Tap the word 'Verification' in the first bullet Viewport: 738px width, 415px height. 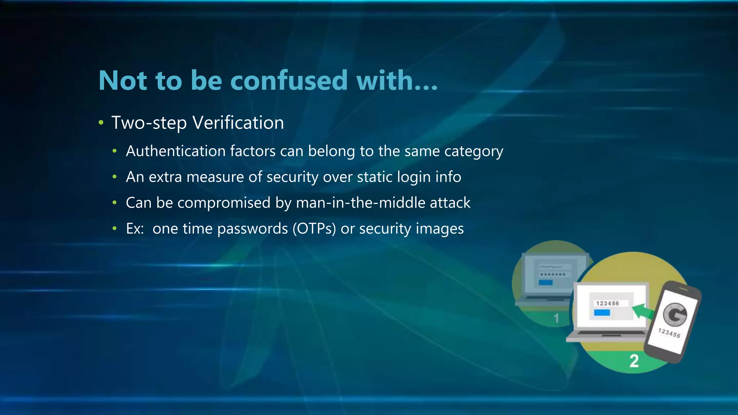[238, 123]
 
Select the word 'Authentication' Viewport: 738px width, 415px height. [175, 151]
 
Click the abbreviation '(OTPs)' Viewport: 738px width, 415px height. [314, 229]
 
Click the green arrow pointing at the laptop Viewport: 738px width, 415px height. [643, 311]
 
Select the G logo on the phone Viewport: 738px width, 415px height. [675, 314]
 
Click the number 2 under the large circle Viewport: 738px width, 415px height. [634, 361]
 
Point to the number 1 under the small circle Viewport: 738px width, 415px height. [556, 318]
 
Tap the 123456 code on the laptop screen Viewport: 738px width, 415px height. [608, 303]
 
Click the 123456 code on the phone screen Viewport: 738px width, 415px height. [669, 333]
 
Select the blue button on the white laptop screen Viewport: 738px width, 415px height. [602, 313]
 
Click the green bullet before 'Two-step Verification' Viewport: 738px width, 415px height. [101, 123]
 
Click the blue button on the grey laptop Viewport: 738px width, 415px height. [546, 282]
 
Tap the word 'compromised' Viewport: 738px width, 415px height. [224, 203]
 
